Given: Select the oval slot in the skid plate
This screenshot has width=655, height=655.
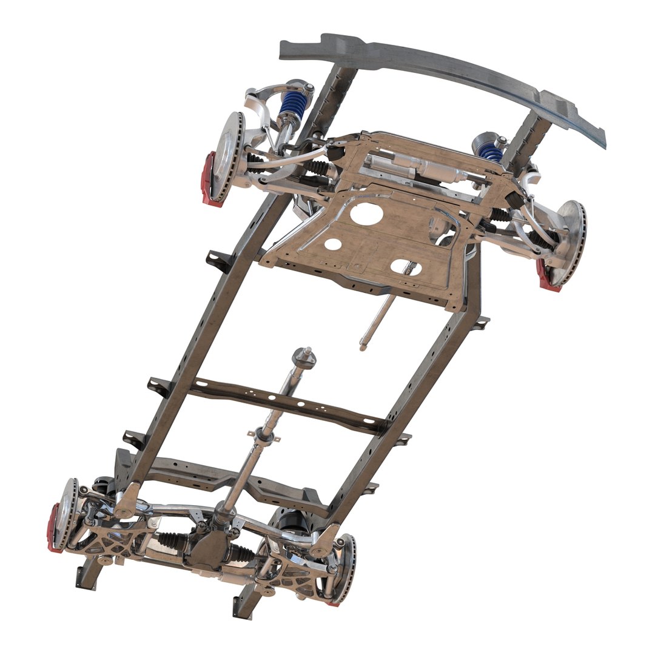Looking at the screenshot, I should click(x=403, y=266).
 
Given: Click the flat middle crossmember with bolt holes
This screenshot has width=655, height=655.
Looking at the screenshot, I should click(x=285, y=403).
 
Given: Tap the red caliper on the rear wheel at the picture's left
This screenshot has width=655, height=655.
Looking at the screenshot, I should click(x=54, y=528).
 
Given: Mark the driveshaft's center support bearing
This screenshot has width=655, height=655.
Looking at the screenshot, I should click(x=264, y=434).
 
